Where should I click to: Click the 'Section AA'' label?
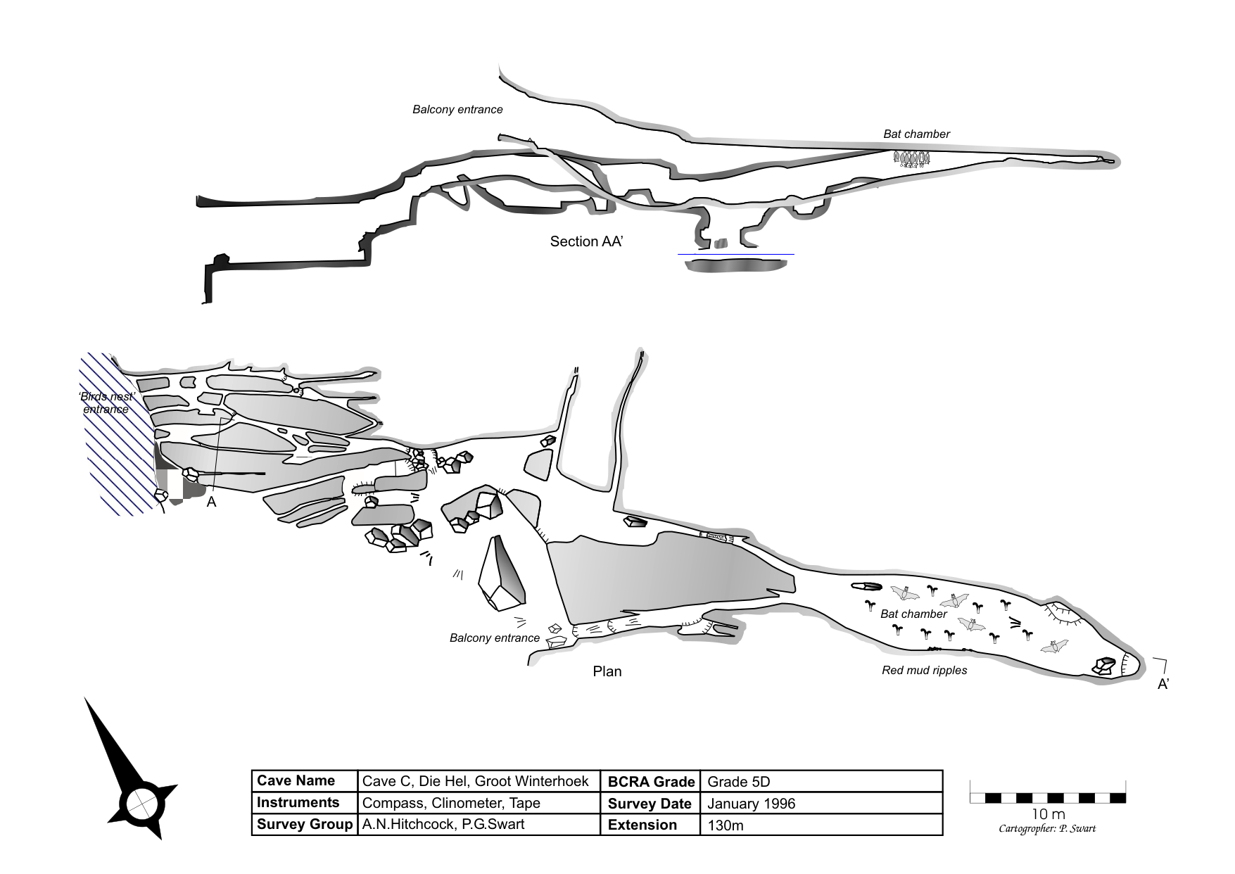(x=587, y=242)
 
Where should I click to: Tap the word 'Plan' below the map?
(x=607, y=671)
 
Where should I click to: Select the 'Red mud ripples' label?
(x=924, y=671)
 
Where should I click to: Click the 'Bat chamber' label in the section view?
(x=916, y=134)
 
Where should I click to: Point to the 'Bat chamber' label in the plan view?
(x=913, y=614)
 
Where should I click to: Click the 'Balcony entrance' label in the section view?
(x=457, y=110)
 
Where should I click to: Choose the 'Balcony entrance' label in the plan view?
(x=494, y=638)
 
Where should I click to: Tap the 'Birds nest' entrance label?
(x=106, y=403)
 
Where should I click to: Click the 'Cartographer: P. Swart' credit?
(x=1047, y=829)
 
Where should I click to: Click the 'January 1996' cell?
(x=751, y=804)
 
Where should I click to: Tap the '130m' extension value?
(x=725, y=825)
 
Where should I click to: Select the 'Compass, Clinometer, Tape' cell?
(x=450, y=803)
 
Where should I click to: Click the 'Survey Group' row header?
(x=304, y=825)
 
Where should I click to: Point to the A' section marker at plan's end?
(x=1163, y=684)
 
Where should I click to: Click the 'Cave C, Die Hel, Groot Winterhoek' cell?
(x=475, y=781)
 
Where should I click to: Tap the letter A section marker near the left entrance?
(x=211, y=502)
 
